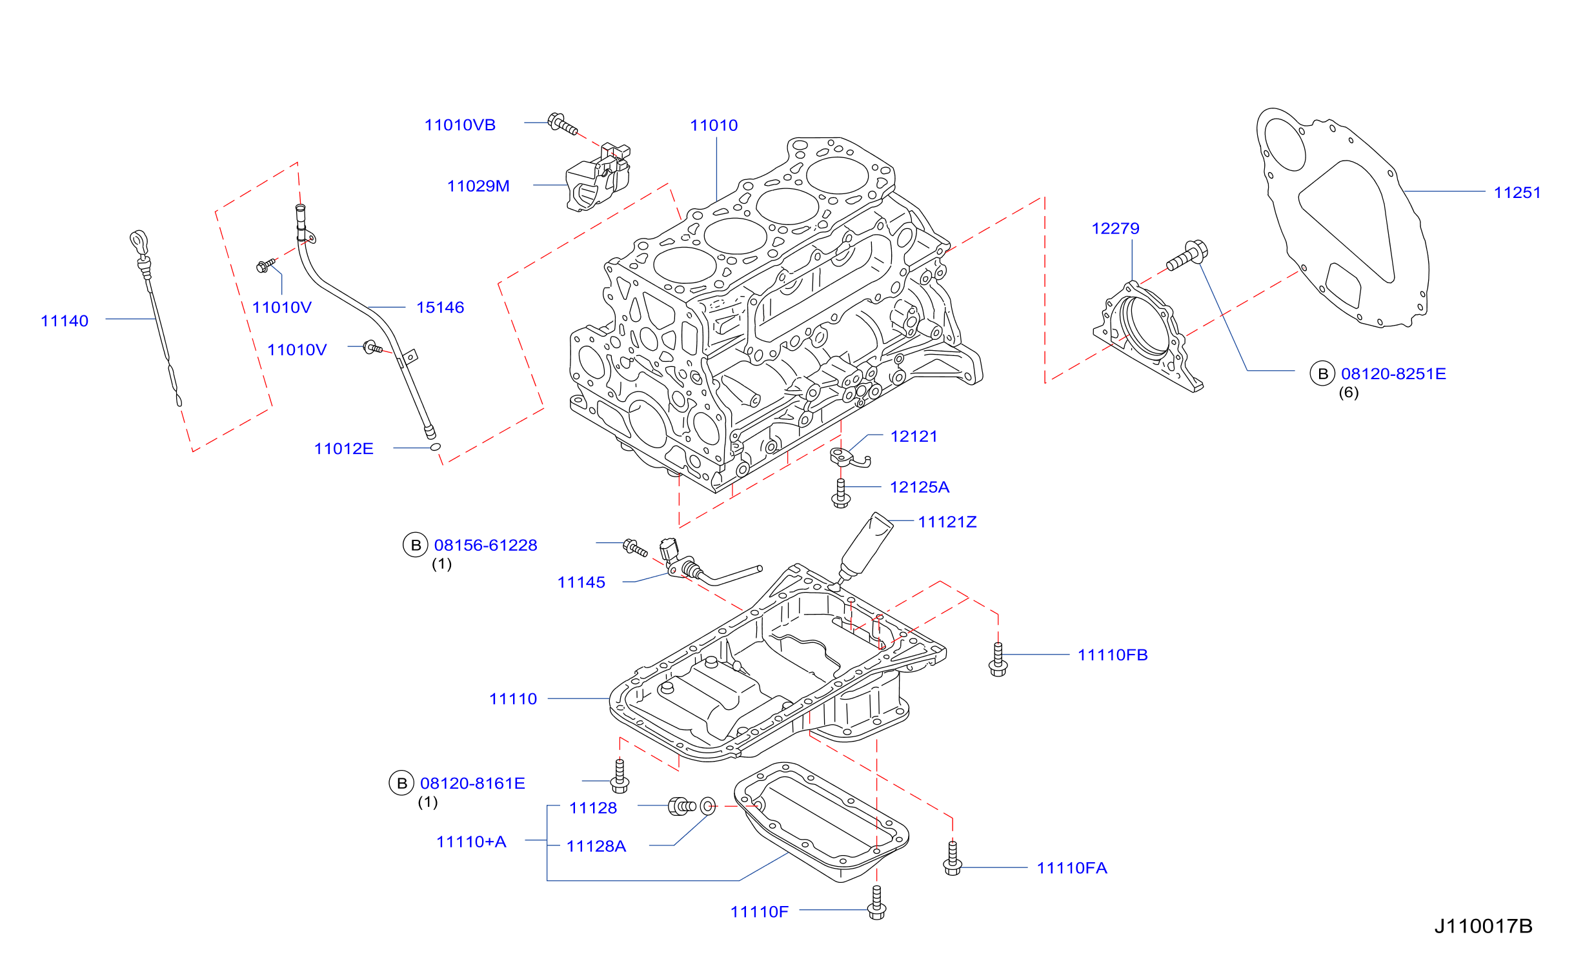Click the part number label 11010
click(x=714, y=126)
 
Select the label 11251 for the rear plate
click(x=1517, y=193)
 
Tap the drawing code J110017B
click(x=1483, y=927)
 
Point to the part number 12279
click(x=1115, y=228)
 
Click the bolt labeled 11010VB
click(x=563, y=124)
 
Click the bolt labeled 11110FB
click(x=998, y=660)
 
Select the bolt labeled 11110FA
click(x=953, y=858)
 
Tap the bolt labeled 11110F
click(x=876, y=902)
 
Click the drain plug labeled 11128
click(x=681, y=806)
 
